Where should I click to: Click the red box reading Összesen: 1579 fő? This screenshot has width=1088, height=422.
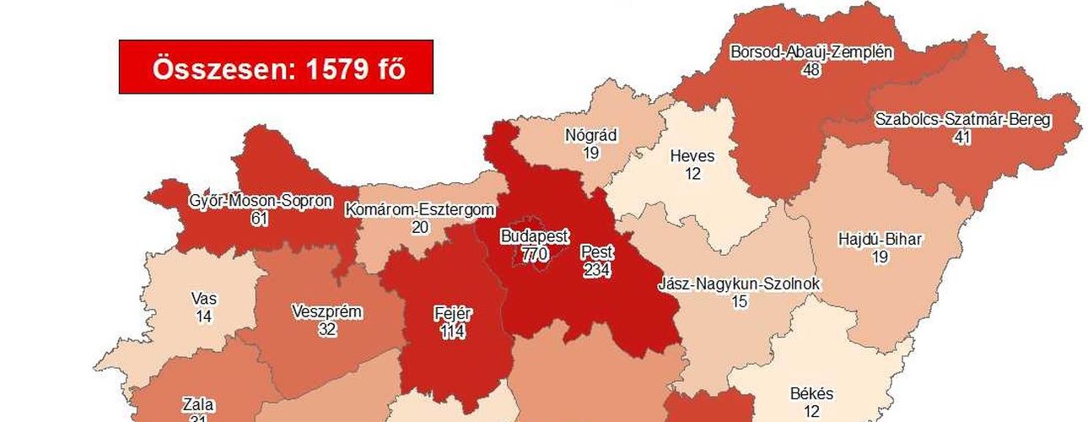point(276,67)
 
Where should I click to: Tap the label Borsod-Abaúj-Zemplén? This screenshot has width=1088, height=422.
point(811,52)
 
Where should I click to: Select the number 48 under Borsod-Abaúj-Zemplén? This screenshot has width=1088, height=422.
point(811,69)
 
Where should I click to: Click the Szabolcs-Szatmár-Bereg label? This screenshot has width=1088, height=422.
point(962,120)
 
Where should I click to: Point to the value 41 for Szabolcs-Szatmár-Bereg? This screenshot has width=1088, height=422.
point(962,137)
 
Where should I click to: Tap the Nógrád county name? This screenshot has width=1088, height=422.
point(591,135)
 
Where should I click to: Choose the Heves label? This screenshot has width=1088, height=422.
point(692,156)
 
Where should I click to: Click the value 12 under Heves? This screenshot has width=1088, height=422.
point(692,174)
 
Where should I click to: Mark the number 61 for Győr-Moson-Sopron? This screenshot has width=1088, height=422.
point(260,219)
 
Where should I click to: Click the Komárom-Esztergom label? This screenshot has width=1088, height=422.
point(419,210)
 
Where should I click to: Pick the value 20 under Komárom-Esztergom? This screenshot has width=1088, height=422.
point(419,227)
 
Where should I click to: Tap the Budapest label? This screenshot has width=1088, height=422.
point(535,235)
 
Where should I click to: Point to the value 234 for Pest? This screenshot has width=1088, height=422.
point(597,270)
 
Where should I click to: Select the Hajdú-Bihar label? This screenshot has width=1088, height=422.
point(880,240)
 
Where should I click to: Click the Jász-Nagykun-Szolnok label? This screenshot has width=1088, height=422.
point(740,284)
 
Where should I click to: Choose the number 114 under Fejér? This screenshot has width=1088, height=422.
point(452,331)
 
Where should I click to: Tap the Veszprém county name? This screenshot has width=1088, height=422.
point(326,312)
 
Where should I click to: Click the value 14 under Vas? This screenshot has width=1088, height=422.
point(203,316)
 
